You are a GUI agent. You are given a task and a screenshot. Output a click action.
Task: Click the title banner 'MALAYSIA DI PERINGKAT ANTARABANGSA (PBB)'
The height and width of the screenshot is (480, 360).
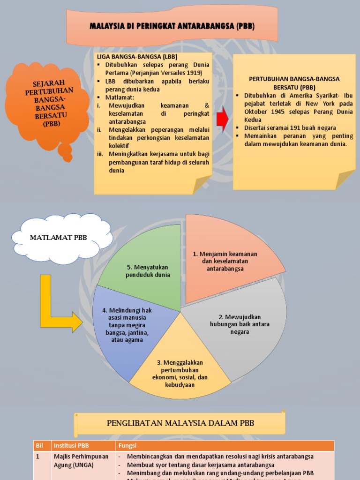[x=172, y=26]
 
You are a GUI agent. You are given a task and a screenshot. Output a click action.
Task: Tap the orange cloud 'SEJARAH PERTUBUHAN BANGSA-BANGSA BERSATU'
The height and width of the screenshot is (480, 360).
[x=46, y=104]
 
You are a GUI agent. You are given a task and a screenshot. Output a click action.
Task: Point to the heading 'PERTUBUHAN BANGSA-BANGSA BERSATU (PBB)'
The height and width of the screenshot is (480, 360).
[x=294, y=83]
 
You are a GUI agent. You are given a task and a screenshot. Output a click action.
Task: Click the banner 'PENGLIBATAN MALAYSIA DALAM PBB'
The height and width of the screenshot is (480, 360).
[x=180, y=423]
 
